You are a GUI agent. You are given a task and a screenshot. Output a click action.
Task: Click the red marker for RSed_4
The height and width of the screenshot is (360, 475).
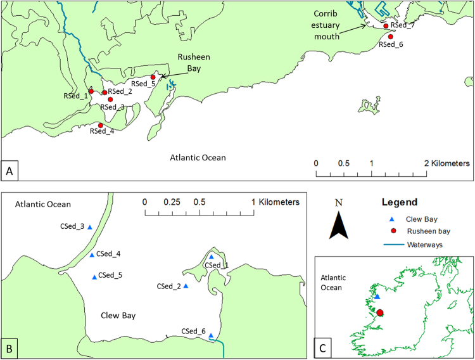pyautogui.click(x=100, y=125)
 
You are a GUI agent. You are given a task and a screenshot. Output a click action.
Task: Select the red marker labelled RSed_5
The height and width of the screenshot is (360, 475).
pyautogui.click(x=153, y=77)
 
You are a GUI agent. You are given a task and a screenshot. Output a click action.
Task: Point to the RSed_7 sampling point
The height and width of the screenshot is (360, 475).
pyautogui.click(x=386, y=25)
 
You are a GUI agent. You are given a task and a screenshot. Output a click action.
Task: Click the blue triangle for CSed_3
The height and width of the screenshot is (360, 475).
pyautogui.click(x=89, y=227)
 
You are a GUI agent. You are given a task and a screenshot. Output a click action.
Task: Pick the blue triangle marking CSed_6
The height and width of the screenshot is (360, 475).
pyautogui.click(x=210, y=336)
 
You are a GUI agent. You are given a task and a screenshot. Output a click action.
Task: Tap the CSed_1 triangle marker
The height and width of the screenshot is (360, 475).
pyautogui.click(x=212, y=257)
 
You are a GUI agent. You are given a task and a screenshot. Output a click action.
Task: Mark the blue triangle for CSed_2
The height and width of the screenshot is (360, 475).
pyautogui.click(x=186, y=286)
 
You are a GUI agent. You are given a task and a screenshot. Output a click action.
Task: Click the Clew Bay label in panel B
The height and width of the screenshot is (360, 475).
pyautogui.click(x=118, y=315)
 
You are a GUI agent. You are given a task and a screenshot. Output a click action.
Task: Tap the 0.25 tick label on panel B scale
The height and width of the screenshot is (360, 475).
pyautogui.click(x=172, y=202)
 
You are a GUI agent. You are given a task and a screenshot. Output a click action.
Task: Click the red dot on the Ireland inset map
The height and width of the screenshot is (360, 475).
pyautogui.click(x=380, y=312)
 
